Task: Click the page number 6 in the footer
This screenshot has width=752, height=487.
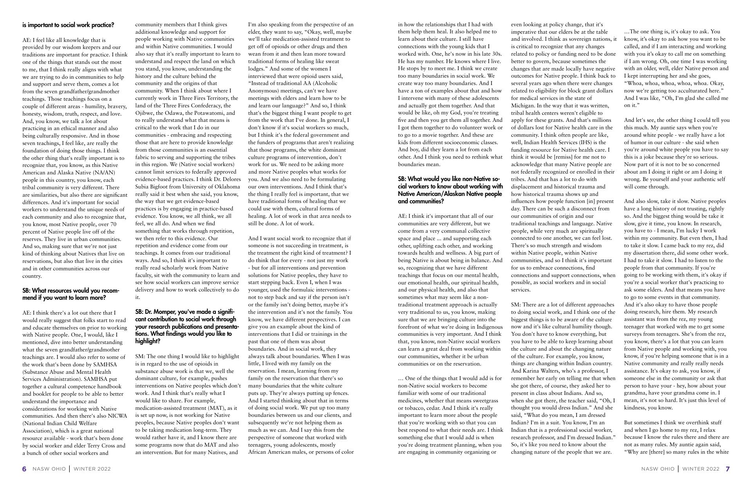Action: pos(24,469)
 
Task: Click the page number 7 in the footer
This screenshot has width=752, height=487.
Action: pos(728,469)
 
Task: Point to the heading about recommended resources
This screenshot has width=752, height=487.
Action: pos(70,294)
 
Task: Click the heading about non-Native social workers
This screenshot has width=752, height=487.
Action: pos(450,190)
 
